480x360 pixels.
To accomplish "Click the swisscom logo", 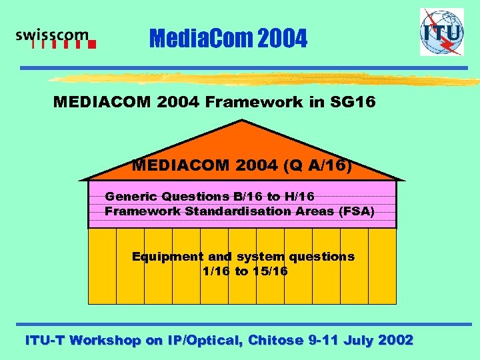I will tap(55, 39).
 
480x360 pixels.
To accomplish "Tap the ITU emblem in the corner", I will tap(441, 32).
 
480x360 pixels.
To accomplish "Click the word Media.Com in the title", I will tap(191, 39).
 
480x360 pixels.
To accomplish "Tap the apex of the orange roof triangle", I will tap(243, 121).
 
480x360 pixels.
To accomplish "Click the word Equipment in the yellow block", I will tap(167, 257).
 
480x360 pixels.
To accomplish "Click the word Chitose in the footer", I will tap(275, 340).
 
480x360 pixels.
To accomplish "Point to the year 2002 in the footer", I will tap(395, 340).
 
